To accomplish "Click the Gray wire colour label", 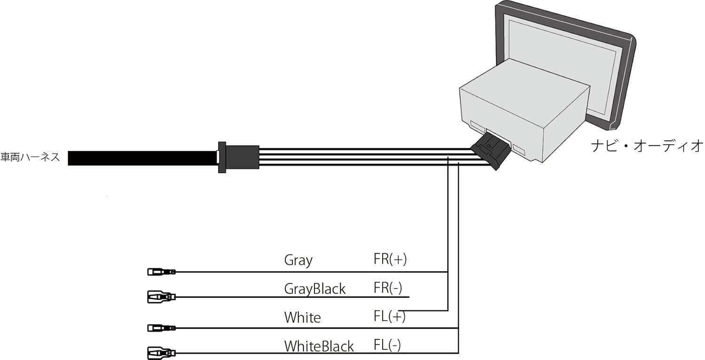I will pos(298,260).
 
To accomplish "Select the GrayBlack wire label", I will pos(314,289).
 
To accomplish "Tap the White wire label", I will pos(302,317).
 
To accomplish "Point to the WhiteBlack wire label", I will pos(319,346).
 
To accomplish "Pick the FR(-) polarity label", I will pos(388,288).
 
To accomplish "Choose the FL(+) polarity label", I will pos(390,316).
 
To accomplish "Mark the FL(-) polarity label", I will pos(387,345).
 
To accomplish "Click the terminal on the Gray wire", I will pos(161,272).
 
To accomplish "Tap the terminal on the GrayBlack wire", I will pos(161,297).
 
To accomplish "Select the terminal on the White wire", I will pos(161,328).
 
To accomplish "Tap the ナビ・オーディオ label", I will pos(647,146).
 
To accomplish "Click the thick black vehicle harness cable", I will pos(141,158).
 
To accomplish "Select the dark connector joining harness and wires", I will pos(238,157).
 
